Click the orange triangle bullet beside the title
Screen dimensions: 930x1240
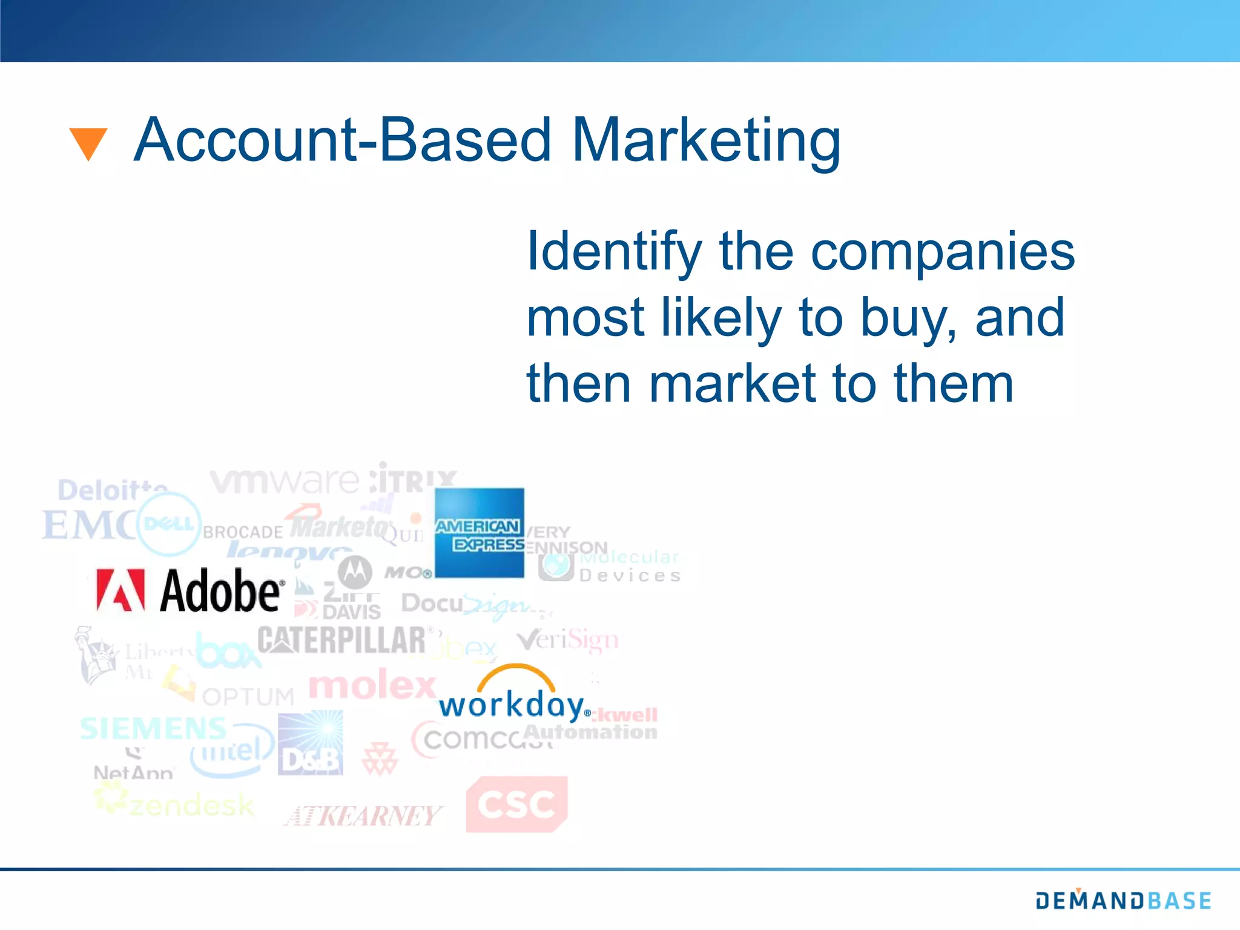(88, 143)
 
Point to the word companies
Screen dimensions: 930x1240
(942, 252)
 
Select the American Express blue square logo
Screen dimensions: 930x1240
(480, 533)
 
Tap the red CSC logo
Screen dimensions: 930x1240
(516, 804)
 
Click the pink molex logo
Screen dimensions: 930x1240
(372, 685)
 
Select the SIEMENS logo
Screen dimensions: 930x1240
(153, 728)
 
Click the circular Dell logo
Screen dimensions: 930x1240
(169, 524)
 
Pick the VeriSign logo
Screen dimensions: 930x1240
(568, 640)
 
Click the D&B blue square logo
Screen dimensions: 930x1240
(311, 744)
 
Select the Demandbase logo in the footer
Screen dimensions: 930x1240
(1123, 900)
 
